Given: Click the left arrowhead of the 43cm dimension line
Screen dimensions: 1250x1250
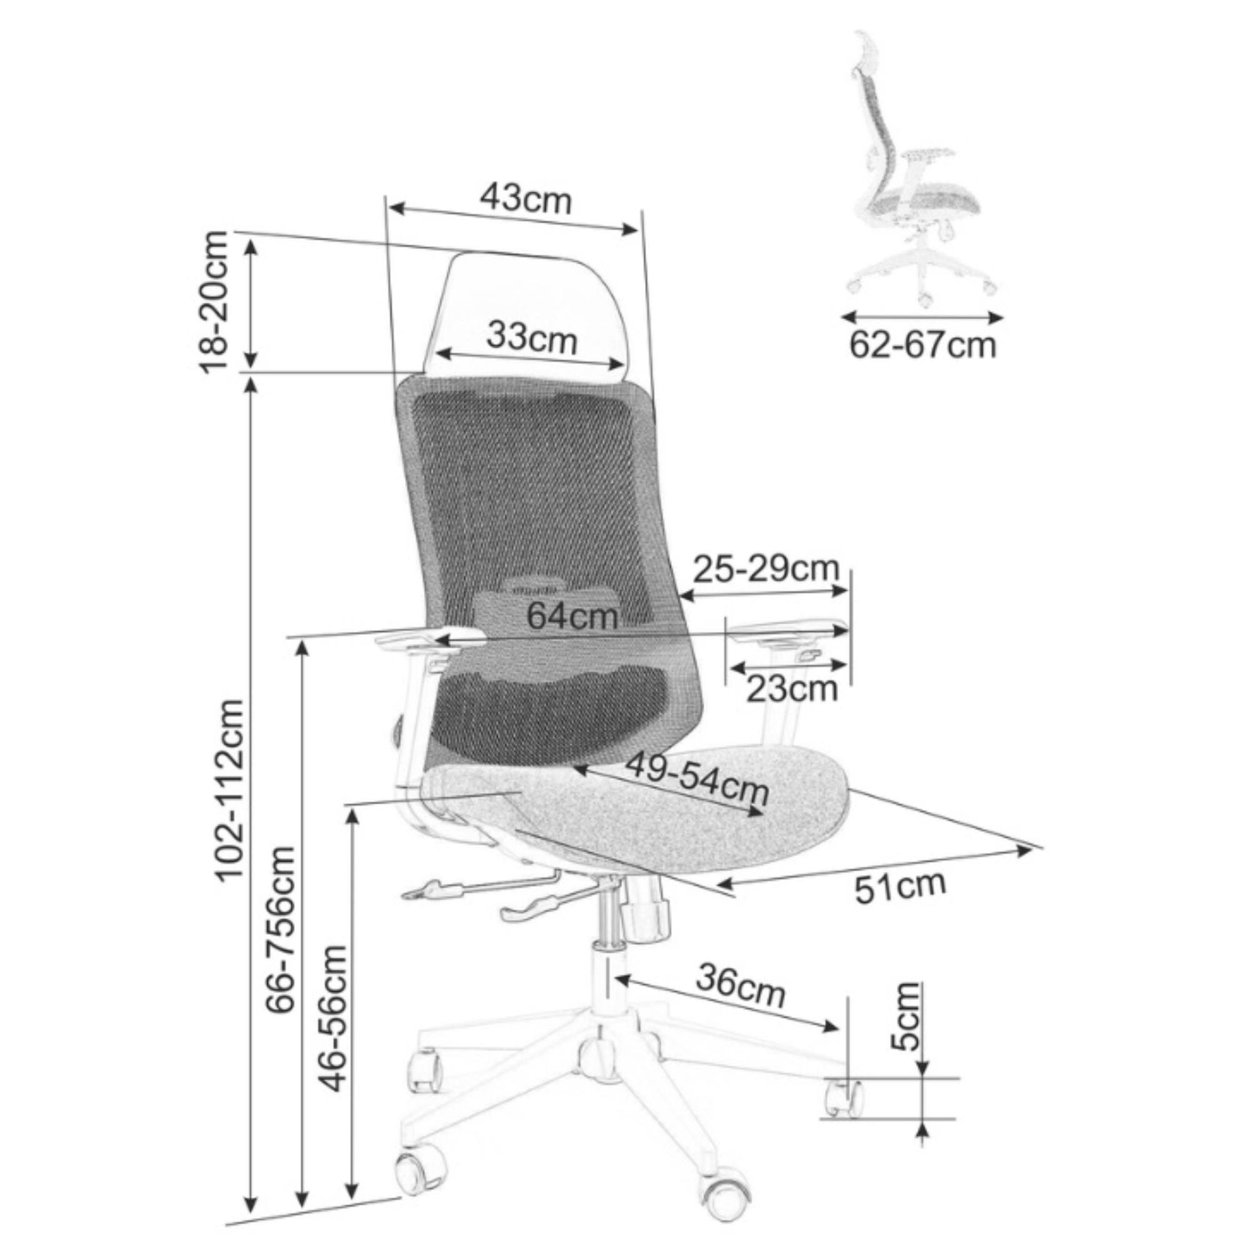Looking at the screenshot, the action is pyautogui.click(x=396, y=208).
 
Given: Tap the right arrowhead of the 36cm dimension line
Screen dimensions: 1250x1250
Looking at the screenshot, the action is pyautogui.click(x=833, y=1026).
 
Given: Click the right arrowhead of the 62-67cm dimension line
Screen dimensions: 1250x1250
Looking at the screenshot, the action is pyautogui.click(x=997, y=317).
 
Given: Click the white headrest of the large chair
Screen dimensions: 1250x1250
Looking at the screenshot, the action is pyautogui.click(x=527, y=314).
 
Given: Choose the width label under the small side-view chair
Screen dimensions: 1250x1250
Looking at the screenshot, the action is pyautogui.click(x=922, y=345).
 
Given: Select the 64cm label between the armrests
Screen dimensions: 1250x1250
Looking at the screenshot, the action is pyautogui.click(x=572, y=616).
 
